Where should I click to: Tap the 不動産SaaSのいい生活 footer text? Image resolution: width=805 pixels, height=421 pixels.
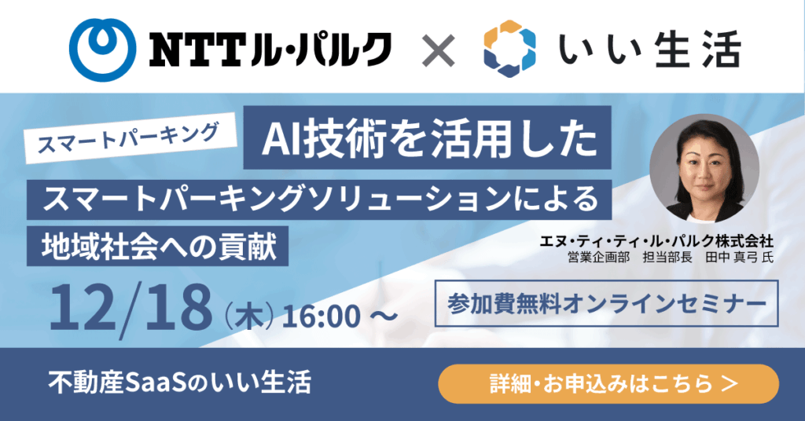point(180,383)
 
